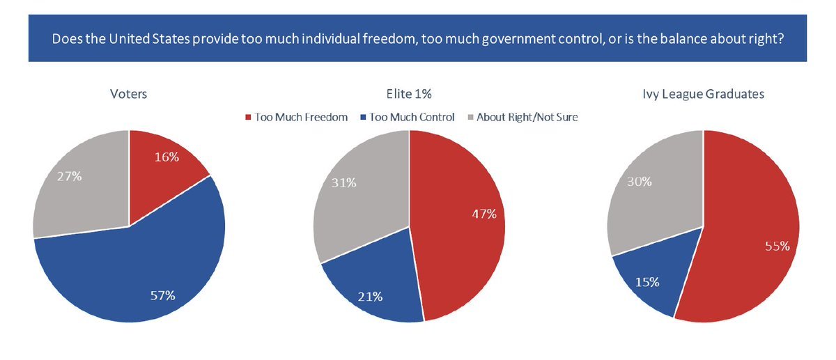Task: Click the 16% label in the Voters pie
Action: [x=166, y=157]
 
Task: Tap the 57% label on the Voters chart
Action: [x=162, y=296]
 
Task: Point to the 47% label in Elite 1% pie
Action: [x=483, y=214]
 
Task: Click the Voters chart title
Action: [x=128, y=94]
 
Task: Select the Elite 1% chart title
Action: [x=409, y=94]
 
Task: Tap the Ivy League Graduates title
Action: [x=704, y=94]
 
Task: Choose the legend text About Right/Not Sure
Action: [x=527, y=117]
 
